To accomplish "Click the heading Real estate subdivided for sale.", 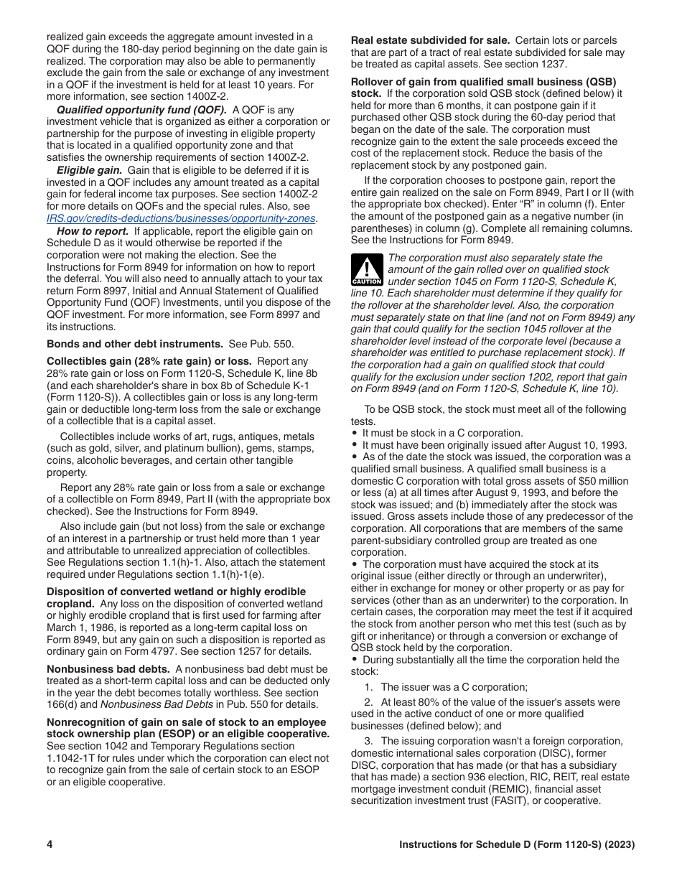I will click(x=430, y=40).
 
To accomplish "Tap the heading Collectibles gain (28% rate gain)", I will click(x=149, y=361).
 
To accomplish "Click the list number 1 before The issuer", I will click(x=368, y=687).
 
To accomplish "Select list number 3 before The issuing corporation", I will click(x=368, y=741).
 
